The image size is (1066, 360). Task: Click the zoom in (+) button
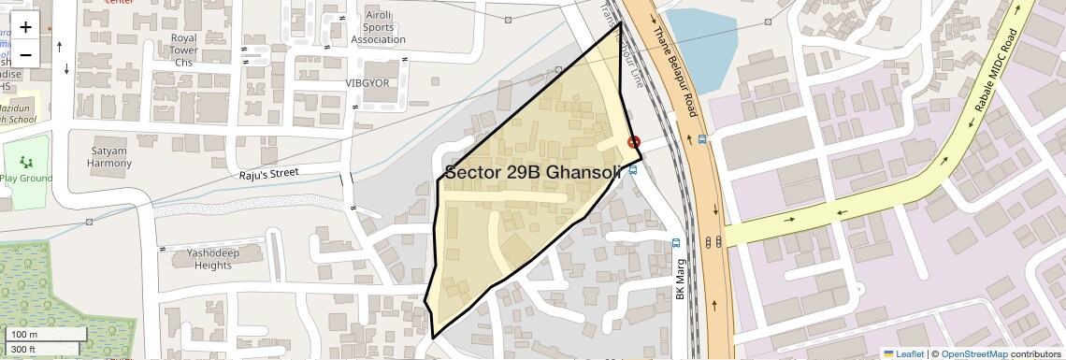tap(25, 27)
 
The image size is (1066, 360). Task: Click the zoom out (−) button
tap(25, 54)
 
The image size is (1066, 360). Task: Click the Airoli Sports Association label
tap(379, 29)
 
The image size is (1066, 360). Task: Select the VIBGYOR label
tap(367, 83)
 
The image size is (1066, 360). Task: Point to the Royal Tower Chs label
tap(183, 50)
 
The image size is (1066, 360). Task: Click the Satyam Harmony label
tap(110, 157)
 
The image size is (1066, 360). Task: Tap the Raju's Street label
tap(267, 173)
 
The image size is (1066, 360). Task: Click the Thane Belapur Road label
tap(676, 70)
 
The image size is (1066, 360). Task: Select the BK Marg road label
tap(681, 279)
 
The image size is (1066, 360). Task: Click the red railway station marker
tap(634, 143)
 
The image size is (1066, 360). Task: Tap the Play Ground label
tap(26, 178)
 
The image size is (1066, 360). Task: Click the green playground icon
tap(24, 163)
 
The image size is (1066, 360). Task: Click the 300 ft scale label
tap(23, 350)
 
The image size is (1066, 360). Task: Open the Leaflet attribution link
tap(903, 353)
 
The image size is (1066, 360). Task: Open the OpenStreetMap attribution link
tap(973, 353)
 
